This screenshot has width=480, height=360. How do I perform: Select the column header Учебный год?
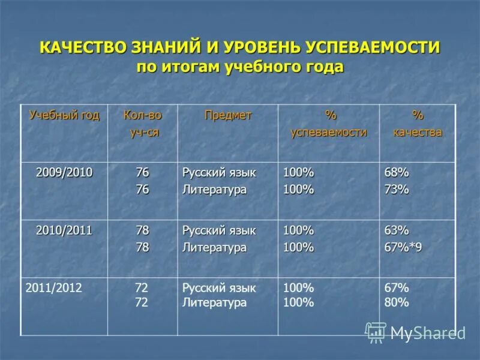pyautogui.click(x=64, y=115)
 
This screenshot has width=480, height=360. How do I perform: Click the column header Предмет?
pyautogui.click(x=228, y=115)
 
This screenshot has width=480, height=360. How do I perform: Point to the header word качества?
pyautogui.click(x=418, y=133)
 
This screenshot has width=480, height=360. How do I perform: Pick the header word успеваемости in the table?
pyautogui.click(x=328, y=133)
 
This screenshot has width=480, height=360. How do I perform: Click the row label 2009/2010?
pyautogui.click(x=64, y=173)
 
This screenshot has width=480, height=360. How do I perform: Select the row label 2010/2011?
pyautogui.click(x=64, y=230)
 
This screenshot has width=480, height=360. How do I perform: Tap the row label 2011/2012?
pyautogui.click(x=54, y=287)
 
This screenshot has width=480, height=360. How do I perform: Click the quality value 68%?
pyautogui.click(x=397, y=173)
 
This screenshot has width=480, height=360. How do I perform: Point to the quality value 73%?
pyautogui.click(x=397, y=189)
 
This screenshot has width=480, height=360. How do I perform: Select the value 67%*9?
pyautogui.click(x=403, y=247)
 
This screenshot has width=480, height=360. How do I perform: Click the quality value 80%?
pyautogui.click(x=397, y=302)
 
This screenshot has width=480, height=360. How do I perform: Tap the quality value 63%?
pyautogui.click(x=397, y=230)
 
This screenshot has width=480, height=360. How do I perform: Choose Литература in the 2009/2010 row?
pyautogui.click(x=214, y=190)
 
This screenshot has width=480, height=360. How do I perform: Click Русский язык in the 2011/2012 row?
pyautogui.click(x=219, y=288)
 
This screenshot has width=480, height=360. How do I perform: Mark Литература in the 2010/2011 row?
pyautogui.click(x=214, y=247)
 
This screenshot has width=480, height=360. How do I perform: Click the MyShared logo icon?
pyautogui.click(x=376, y=332)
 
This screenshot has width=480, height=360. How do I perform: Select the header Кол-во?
pyautogui.click(x=142, y=115)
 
